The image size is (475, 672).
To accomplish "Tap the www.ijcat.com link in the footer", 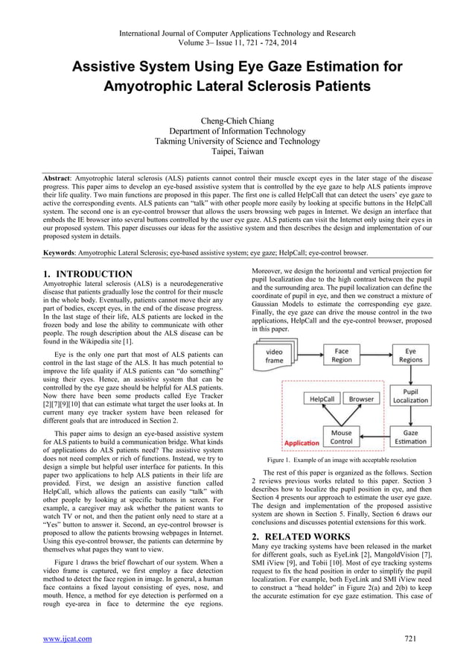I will tap(66, 638).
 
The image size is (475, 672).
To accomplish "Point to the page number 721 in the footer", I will tap(409, 638).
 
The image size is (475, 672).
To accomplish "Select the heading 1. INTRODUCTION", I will tap(88, 274).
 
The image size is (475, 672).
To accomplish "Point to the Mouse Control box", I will tap(341, 437).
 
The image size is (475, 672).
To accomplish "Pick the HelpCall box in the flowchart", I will tap(325, 399).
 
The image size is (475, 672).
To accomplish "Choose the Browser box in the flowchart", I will tap(362, 399).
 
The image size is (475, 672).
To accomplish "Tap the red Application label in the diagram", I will tap(302, 443).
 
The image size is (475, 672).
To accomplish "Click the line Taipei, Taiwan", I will tap(237, 150).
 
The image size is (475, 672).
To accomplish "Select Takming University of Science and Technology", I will tap(237, 140).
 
